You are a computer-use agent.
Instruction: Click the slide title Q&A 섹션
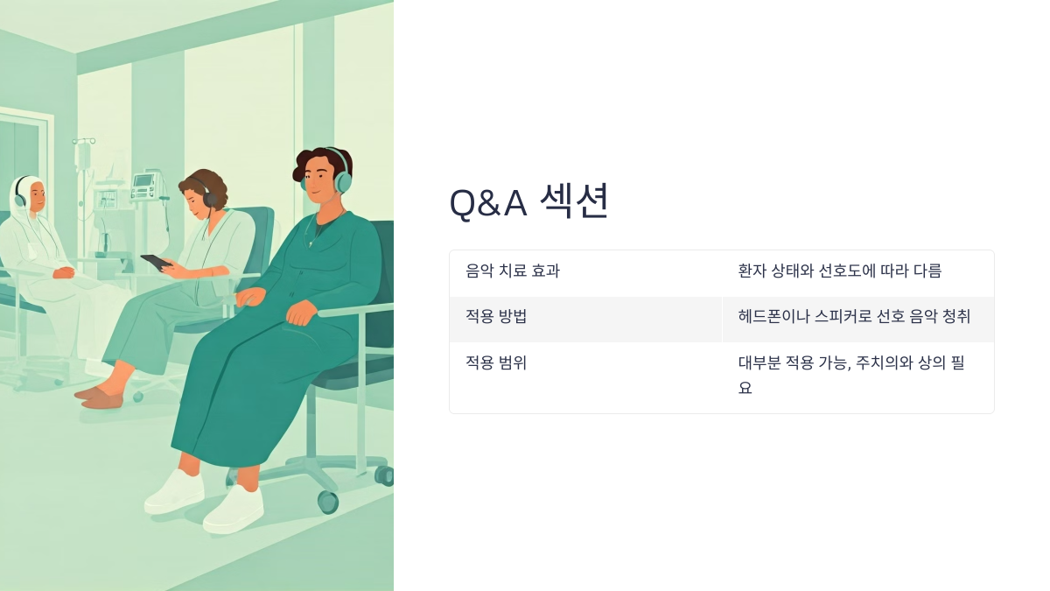(x=528, y=202)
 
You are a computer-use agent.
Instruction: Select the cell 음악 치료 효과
(x=513, y=271)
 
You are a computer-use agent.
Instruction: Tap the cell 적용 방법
(x=496, y=317)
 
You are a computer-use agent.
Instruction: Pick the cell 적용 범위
(x=496, y=362)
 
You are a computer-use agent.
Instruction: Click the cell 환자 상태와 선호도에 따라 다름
(x=839, y=271)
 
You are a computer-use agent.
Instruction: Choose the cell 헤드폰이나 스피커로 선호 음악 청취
(x=854, y=317)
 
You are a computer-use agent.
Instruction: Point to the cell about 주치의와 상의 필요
(x=850, y=375)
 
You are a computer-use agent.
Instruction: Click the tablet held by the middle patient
(x=156, y=262)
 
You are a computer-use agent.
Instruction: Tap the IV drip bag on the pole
(x=83, y=155)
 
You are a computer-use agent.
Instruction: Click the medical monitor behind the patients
(x=143, y=185)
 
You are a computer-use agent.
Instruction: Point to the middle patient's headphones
(x=210, y=197)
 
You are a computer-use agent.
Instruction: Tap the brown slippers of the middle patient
(x=101, y=398)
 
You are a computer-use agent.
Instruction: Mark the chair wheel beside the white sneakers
(x=328, y=502)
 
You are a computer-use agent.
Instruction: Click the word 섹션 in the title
(x=573, y=201)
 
